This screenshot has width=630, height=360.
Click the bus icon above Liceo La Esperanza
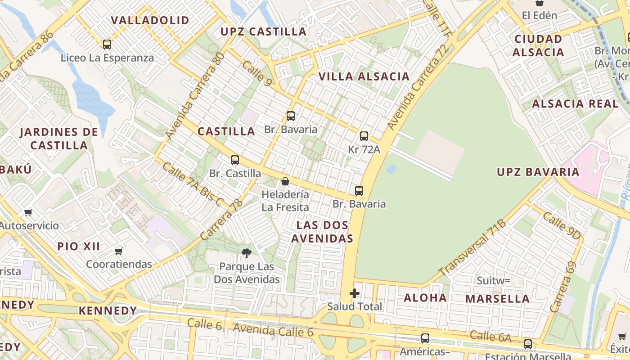pyautogui.click(x=107, y=45)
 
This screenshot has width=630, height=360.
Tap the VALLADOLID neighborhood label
pyautogui.click(x=150, y=21)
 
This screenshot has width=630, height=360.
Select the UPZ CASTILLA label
pyautogui.click(x=263, y=31)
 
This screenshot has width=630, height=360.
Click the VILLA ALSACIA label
pyautogui.click(x=364, y=76)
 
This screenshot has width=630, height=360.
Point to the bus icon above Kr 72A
pyautogui.click(x=364, y=136)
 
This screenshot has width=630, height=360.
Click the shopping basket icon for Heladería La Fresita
pyautogui.click(x=285, y=181)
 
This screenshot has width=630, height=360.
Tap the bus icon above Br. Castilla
pyautogui.click(x=235, y=160)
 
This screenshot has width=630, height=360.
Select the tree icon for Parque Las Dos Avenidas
pyautogui.click(x=246, y=253)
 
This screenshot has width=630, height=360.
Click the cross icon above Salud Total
pyautogui.click(x=355, y=294)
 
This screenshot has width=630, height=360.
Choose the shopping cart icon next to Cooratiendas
pyautogui.click(x=118, y=251)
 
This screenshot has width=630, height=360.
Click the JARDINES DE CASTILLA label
pyautogui.click(x=59, y=139)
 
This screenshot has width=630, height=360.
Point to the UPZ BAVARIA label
pyautogui.click(x=538, y=172)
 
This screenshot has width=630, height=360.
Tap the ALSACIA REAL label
pyautogui.click(x=575, y=104)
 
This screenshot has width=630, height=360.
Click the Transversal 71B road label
pyautogui.click(x=472, y=247)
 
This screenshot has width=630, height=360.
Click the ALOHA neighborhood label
pyautogui.click(x=425, y=298)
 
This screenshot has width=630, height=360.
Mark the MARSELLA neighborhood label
pyautogui.click(x=497, y=299)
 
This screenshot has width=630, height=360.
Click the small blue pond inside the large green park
pyautogui.click(x=392, y=169)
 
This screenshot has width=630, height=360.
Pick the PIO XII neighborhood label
pyautogui.click(x=79, y=247)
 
